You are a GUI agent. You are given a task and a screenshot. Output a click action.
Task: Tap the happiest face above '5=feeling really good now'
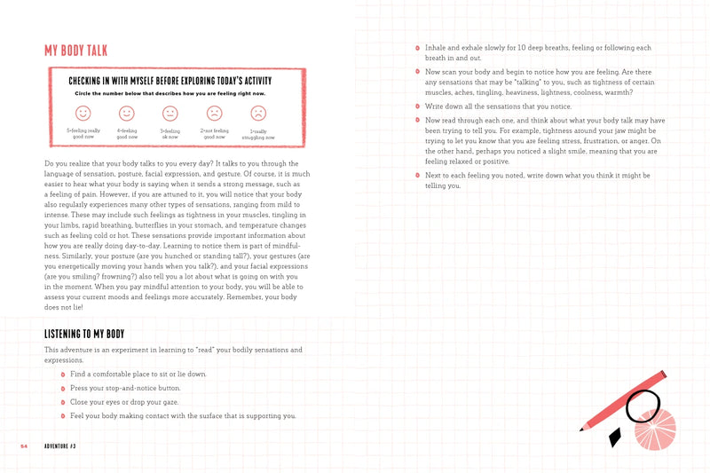(83, 113)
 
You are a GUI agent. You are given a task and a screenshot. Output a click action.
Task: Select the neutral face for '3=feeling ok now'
(170, 113)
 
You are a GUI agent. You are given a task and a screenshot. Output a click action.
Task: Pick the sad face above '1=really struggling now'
(257, 113)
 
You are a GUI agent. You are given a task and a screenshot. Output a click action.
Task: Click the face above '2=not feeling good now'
(214, 113)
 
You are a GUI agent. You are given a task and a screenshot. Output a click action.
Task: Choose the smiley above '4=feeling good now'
(127, 113)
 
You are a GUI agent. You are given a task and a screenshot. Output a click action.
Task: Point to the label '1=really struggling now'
(257, 134)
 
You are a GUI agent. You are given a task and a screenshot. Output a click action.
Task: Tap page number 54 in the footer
(24, 445)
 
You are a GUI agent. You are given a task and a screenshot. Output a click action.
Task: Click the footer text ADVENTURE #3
(64, 445)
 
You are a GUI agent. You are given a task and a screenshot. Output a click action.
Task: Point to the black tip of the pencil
(582, 429)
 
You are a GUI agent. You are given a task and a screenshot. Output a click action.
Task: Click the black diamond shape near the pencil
(614, 437)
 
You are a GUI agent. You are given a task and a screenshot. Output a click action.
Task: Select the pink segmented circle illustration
(654, 429)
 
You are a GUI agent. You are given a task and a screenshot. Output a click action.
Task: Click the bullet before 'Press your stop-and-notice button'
(63, 389)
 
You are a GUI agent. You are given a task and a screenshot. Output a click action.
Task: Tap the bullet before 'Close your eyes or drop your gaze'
(63, 402)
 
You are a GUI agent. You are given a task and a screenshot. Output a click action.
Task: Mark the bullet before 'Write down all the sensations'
(418, 106)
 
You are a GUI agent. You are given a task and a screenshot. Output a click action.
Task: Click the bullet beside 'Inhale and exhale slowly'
(418, 47)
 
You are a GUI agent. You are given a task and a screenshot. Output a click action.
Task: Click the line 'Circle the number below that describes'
(170, 93)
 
